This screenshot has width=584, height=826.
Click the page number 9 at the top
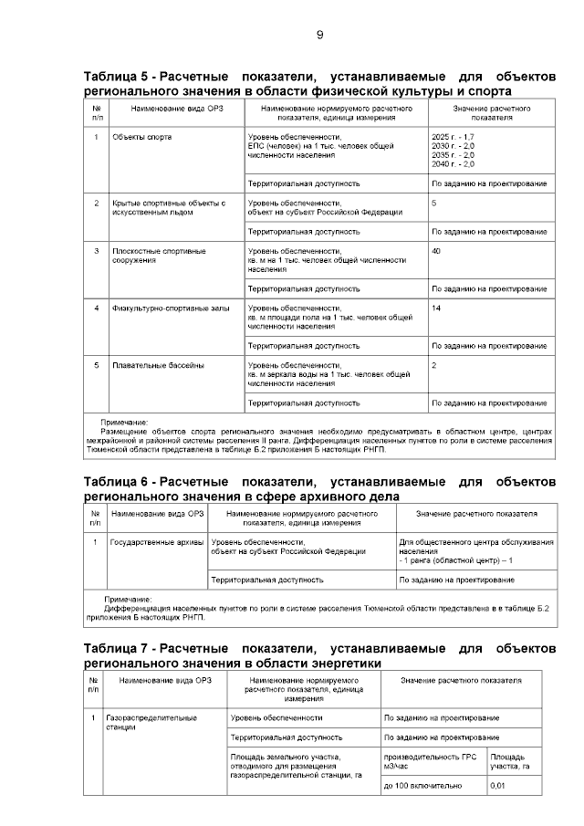[319, 35]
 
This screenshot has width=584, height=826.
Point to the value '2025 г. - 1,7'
[453, 137]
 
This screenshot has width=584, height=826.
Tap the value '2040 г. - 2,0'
[453, 164]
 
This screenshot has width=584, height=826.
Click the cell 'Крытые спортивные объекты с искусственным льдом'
[168, 207]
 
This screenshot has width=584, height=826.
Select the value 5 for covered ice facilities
[434, 203]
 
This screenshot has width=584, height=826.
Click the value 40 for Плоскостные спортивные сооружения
[436, 250]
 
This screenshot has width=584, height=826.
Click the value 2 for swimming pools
[434, 365]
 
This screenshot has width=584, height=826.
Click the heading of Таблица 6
[319, 488]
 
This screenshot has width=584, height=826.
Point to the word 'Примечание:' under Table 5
[124, 423]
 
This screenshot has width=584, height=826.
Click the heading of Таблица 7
[319, 654]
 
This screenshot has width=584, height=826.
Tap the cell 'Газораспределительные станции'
[151, 723]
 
